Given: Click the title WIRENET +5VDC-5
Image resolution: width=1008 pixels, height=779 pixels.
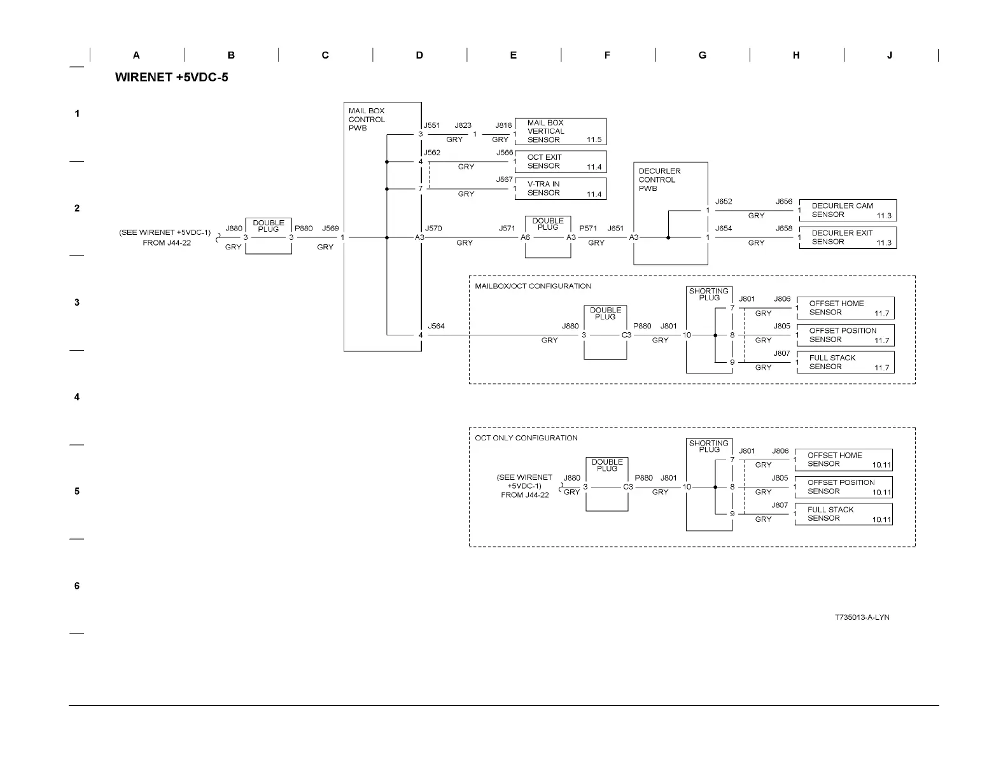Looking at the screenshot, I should click(171, 78).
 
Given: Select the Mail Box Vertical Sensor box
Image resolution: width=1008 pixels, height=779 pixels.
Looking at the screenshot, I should click(560, 131).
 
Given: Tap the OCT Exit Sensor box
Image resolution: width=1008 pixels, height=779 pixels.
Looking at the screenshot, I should click(560, 162).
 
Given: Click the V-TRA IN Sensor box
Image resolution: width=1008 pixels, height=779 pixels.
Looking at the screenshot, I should click(560, 188).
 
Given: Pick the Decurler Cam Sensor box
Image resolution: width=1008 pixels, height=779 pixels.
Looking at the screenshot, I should click(847, 210).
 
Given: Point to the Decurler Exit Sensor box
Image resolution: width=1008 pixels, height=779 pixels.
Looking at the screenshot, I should click(847, 237).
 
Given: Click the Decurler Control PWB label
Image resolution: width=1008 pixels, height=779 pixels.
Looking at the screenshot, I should click(659, 180).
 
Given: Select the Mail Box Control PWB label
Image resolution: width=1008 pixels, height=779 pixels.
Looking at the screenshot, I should click(367, 120).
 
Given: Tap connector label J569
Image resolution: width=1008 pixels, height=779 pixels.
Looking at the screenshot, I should click(330, 228).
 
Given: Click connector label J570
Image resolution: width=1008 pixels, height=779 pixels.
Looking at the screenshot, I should click(433, 228).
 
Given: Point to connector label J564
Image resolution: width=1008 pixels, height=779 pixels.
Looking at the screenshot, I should click(436, 326).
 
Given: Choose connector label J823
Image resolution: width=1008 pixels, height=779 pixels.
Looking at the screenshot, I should click(463, 126).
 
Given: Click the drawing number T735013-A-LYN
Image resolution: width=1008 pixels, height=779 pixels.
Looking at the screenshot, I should click(862, 617).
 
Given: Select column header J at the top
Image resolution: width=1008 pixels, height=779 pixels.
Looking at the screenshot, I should click(890, 55).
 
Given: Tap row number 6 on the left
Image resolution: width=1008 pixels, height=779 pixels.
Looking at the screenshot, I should click(77, 586).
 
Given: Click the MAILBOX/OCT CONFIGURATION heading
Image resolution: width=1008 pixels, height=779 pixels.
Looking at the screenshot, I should click(533, 286).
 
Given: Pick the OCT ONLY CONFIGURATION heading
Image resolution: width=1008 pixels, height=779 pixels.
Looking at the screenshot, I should click(526, 438).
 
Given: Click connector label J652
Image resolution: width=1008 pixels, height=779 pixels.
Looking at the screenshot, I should click(724, 202).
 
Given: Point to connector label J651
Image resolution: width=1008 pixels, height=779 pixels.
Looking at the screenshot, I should click(615, 228).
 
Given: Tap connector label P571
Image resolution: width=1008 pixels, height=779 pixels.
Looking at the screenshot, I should click(588, 228).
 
